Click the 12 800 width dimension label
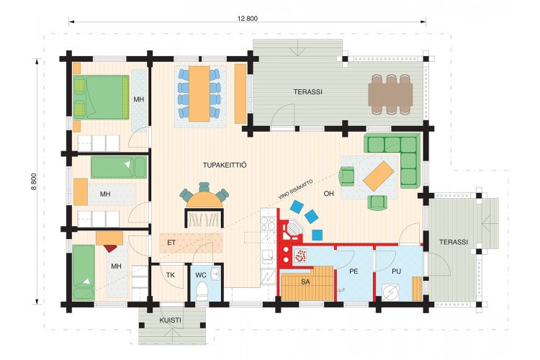tap(247, 18)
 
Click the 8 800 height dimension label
tap(34, 181)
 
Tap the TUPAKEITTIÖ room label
tap(225, 165)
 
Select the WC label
tap(201, 275)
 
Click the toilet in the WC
tap(201, 292)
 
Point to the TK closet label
tap(171, 275)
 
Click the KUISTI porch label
tap(170, 320)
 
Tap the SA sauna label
tap(305, 282)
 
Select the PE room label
tap(354, 271)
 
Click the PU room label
tap(397, 271)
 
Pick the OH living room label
tap(328, 194)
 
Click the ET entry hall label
tap(171, 243)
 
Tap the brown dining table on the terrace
tap(390, 94)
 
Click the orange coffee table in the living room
tap(379, 176)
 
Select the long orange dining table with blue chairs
tap(199, 94)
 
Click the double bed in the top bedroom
tap(102, 97)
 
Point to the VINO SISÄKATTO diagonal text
tap(295, 189)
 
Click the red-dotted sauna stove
tap(301, 256)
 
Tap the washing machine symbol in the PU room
tap(390, 292)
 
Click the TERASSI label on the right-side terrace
tap(454, 242)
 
